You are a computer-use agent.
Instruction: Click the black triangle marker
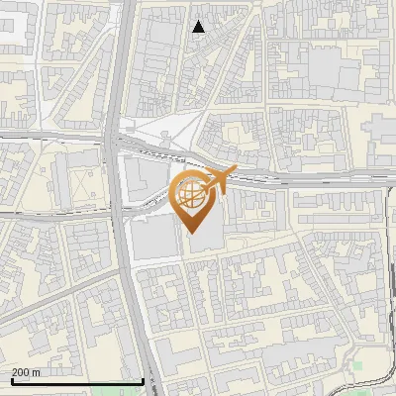(x=199, y=27)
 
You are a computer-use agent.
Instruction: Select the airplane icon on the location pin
(x=219, y=179)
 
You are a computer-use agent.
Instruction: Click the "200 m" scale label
(x=27, y=373)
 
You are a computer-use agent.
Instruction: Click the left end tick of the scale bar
(x=12, y=379)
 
